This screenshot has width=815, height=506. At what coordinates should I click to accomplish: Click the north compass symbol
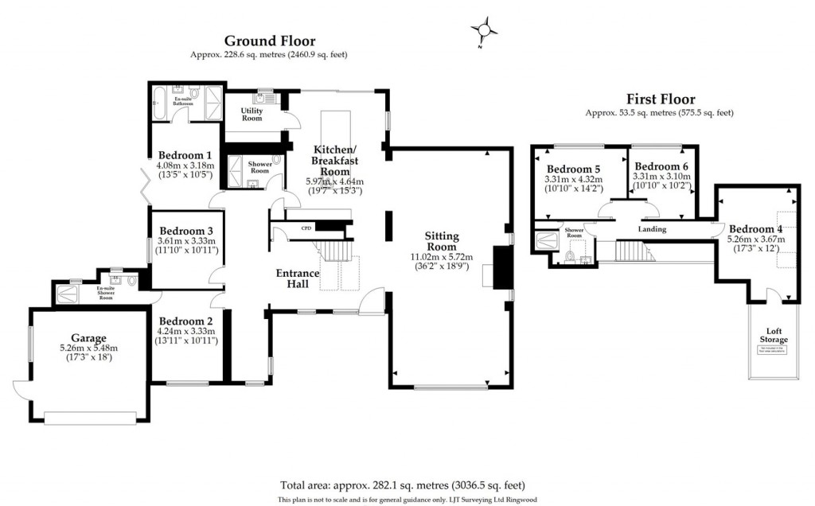pos(483,31)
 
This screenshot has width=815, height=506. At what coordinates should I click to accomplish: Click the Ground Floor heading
pos(269,41)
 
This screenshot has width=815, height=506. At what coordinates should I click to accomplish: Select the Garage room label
pos(88,338)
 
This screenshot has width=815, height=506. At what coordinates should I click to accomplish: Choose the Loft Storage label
pos(771,335)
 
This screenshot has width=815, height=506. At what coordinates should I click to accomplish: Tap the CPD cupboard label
pos(306,228)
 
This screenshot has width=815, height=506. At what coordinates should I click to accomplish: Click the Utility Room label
pos(252,114)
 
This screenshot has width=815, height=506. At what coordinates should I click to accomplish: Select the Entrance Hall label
pos(298,278)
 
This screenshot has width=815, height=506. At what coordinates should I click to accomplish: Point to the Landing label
pos(652,229)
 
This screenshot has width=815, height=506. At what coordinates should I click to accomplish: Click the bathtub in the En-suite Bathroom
pos(158,103)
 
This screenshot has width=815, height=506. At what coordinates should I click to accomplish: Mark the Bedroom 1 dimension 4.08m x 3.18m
pos(185,166)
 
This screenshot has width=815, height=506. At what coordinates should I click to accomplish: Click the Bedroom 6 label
pos(661,166)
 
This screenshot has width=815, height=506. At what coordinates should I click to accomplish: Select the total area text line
pos(402,485)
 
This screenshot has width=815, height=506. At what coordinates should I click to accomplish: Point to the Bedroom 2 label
pos(187,322)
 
